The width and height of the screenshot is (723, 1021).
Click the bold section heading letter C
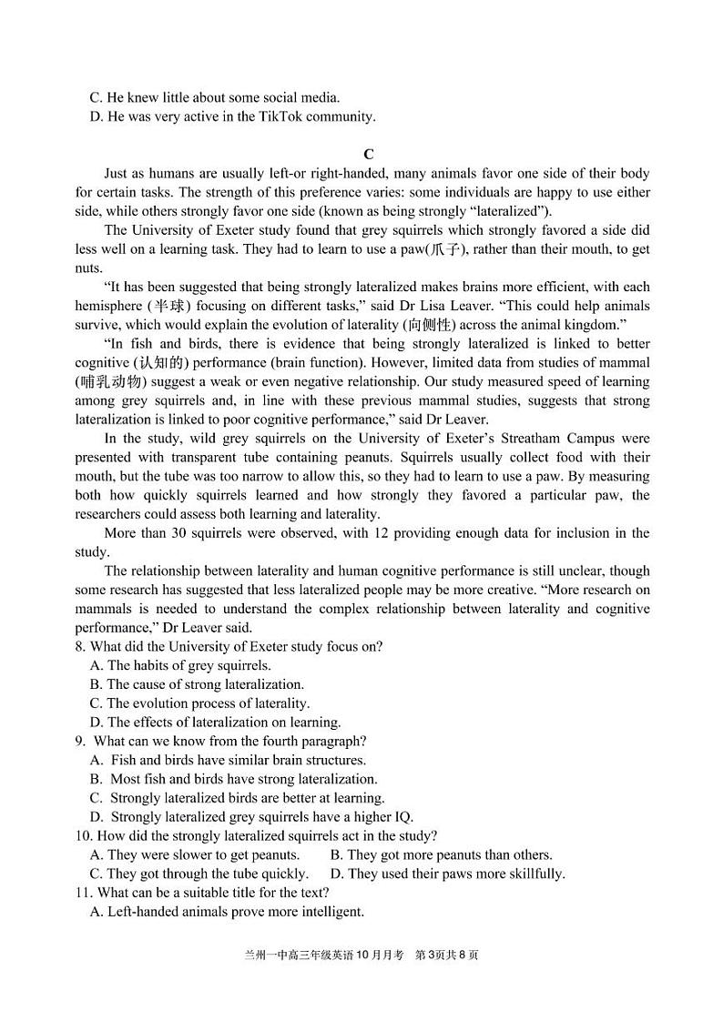[x=368, y=155]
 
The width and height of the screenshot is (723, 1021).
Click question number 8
[x=80, y=647]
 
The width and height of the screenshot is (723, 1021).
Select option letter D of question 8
[x=96, y=723]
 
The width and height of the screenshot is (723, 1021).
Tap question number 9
[x=80, y=742]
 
